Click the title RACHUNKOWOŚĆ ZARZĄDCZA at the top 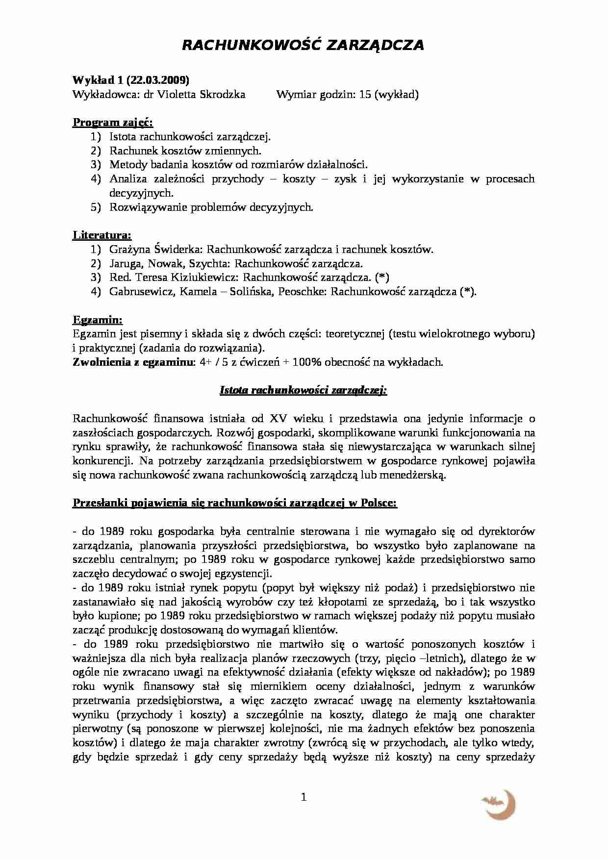303,45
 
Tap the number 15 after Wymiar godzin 365,95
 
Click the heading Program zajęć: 113,123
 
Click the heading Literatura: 102,235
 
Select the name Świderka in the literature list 178,250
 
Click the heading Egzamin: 98,320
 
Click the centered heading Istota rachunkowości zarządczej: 303,391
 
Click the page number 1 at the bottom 303,798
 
